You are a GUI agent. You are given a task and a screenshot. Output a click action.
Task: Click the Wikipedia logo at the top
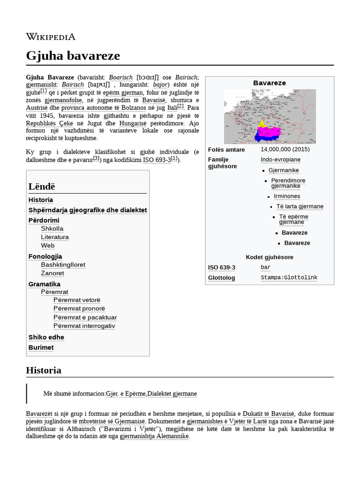[x=51, y=37]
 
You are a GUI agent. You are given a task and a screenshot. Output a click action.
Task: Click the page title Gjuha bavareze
[x=73, y=56]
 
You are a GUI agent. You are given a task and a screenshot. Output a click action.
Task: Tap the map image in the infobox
[x=270, y=116]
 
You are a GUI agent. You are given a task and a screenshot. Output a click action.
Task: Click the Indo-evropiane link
[x=280, y=160]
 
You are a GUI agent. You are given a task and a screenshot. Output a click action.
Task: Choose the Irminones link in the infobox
[x=287, y=196]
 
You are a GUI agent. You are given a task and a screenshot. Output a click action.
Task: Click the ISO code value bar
[x=265, y=268]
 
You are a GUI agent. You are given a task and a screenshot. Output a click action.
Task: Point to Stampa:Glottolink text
[x=289, y=277]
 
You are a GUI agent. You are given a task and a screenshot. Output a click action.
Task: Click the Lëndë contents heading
[x=42, y=187]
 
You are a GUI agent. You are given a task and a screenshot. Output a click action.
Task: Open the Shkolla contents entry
[x=52, y=229]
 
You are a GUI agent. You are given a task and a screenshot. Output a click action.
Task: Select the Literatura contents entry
[x=55, y=237]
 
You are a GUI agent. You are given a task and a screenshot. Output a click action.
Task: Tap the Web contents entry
[x=48, y=246]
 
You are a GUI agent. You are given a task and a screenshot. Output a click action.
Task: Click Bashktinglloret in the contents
[x=63, y=265]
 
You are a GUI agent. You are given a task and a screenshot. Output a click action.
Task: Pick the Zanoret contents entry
[x=52, y=273]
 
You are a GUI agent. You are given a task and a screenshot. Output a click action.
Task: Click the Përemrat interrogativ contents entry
[x=84, y=326]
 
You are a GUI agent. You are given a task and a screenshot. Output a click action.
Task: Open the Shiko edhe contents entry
[x=46, y=337]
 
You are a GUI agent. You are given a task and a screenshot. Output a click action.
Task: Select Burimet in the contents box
[x=41, y=348]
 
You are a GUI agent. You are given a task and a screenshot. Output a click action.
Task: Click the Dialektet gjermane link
[x=172, y=394]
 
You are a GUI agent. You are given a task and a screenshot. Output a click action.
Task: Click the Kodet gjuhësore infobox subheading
[x=270, y=257]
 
